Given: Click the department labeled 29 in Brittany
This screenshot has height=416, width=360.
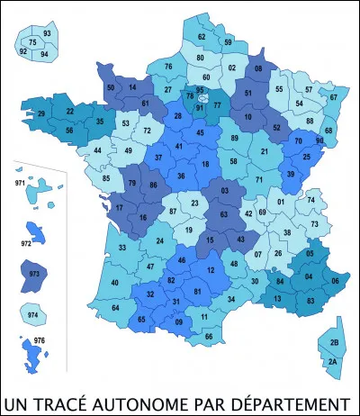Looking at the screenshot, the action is pyautogui.click(x=40, y=115).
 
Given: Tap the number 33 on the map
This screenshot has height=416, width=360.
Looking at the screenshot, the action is pyautogui.click(x=121, y=248).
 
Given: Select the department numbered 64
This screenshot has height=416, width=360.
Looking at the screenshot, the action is pyautogui.click(x=116, y=308).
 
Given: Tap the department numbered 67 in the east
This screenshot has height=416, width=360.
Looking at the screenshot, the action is pyautogui.click(x=333, y=97).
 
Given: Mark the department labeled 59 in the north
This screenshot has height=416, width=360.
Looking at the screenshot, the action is pyautogui.click(x=229, y=42).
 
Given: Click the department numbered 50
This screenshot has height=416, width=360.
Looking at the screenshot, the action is pyautogui.click(x=110, y=87).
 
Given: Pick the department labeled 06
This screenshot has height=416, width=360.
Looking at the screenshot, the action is pyautogui.click(x=336, y=281).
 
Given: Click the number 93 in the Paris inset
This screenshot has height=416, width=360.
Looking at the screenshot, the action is pyautogui.click(x=47, y=33).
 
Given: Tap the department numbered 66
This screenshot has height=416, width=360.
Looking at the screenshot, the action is pyautogui.click(x=209, y=336).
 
